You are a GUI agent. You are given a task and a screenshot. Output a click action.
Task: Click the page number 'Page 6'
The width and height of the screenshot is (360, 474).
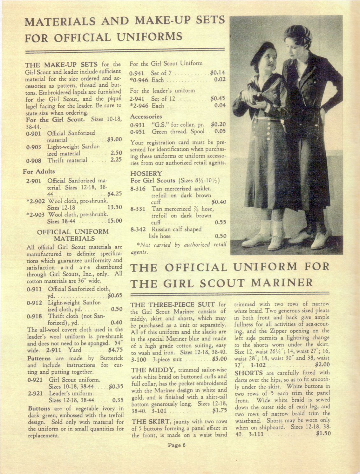click(176, 445)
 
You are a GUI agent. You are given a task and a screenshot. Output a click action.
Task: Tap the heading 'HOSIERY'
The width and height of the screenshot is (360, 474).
click(146, 173)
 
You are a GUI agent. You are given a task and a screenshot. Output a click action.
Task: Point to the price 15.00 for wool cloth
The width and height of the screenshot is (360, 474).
click(115, 221)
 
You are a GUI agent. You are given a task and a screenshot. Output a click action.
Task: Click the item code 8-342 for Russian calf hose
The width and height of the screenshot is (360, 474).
click(138, 229)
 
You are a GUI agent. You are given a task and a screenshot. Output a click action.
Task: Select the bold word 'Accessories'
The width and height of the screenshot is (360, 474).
click(146, 116)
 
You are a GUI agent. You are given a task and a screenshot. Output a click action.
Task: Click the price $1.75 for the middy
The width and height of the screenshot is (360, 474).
click(219, 410)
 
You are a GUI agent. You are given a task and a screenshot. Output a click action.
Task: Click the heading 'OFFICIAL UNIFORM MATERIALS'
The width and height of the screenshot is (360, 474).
click(73, 235)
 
